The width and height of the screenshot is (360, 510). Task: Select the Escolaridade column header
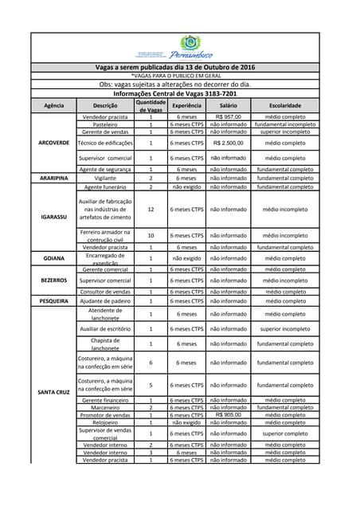pos(284,105)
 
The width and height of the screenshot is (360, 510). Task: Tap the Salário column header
pos(229,105)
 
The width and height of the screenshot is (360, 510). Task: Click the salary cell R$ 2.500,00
pos(229,143)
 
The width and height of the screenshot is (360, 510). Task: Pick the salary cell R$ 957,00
pos(229,117)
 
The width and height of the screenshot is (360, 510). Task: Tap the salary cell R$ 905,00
pos(229,415)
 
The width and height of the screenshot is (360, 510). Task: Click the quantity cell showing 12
pos(151,210)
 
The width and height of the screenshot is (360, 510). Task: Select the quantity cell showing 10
pos(151,236)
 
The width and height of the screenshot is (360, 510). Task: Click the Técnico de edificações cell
pos(105,143)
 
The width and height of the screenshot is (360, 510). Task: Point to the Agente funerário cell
pos(105,186)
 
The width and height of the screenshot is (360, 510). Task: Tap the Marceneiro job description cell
pos(105,407)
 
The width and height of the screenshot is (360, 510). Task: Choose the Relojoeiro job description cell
pos(105,422)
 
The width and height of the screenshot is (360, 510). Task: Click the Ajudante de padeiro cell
pos(105,301)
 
